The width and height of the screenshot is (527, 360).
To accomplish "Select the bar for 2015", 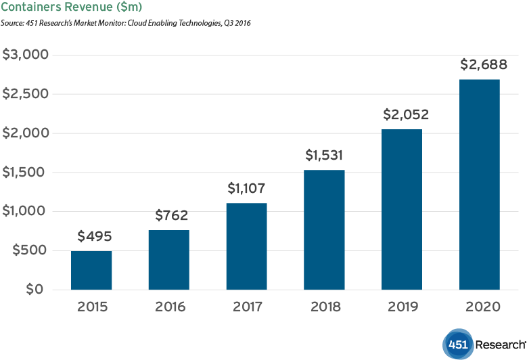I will [x=91, y=270].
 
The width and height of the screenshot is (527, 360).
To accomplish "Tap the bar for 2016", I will [x=168, y=260].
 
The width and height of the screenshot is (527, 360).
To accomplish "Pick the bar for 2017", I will [x=246, y=246].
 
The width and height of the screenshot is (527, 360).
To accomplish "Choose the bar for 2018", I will [x=324, y=230].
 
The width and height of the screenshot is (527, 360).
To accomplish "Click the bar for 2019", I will [x=402, y=210].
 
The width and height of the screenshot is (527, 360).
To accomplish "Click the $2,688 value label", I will [x=480, y=66].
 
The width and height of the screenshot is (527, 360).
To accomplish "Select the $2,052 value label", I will [x=402, y=115].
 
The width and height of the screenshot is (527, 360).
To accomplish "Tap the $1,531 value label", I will [x=324, y=156].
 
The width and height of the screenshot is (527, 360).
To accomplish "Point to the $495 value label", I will [x=94, y=237].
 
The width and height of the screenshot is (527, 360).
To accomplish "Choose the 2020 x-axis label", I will [x=481, y=307].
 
